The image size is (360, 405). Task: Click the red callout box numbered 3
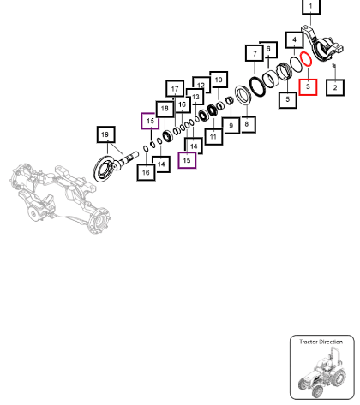pos(308,87)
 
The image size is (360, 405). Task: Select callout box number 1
pos(311,6)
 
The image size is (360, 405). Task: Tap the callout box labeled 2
pos(335,87)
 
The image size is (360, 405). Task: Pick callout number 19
pos(105,134)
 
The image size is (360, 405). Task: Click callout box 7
pos(255,53)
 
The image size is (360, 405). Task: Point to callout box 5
pos(288,100)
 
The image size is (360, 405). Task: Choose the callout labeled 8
pos(247,124)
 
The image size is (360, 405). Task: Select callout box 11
pos(213,137)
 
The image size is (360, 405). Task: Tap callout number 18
pos(165,109)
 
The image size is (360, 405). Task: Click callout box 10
pos(219,80)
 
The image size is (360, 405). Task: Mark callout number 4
pos(294,40)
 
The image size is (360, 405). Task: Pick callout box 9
pos(231,126)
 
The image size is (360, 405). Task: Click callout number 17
pos(175,89)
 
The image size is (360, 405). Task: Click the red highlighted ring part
pos(302,56)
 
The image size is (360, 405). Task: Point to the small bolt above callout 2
pos(334,66)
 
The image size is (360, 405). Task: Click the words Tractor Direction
pos(321,342)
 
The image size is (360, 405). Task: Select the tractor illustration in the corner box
pos(322,372)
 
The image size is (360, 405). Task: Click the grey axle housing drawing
pos(60,197)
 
